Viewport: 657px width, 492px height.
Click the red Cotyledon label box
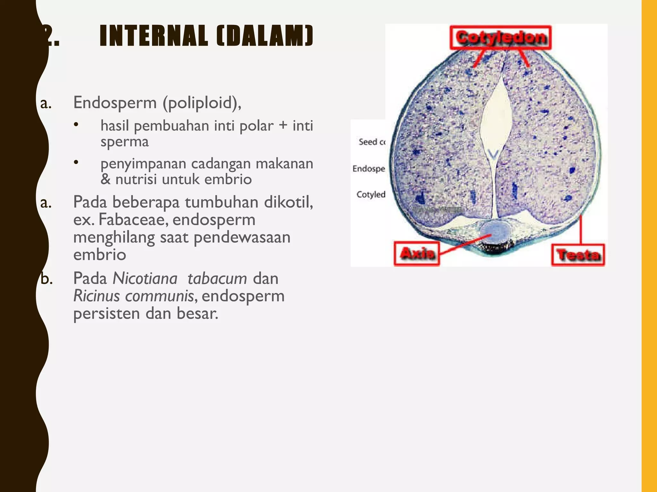click(x=500, y=37)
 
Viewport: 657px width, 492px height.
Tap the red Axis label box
click(x=417, y=254)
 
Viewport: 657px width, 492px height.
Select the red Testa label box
click(x=578, y=255)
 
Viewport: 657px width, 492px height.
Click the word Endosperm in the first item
click(x=115, y=102)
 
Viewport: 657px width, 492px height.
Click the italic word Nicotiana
click(x=145, y=278)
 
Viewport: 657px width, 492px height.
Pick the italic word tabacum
click(x=217, y=278)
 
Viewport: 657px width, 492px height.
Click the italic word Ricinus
click(x=97, y=296)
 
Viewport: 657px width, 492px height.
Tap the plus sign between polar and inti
click(x=283, y=125)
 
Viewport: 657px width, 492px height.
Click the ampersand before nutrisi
click(x=106, y=179)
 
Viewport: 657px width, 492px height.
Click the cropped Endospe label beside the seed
click(x=369, y=168)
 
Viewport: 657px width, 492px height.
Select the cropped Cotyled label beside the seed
click(x=371, y=194)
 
